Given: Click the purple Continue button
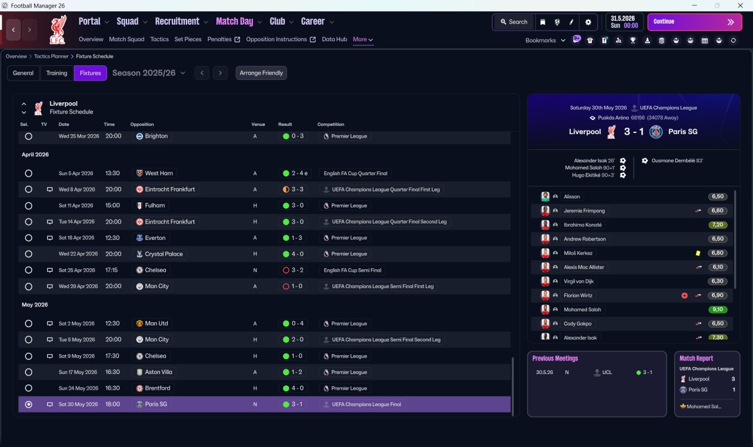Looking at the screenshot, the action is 695,22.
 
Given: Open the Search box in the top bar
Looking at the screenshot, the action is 514,22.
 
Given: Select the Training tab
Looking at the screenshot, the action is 56,73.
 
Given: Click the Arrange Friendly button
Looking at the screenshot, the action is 261,73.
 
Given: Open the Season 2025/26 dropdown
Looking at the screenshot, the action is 149,73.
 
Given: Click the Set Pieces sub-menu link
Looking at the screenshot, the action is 188,39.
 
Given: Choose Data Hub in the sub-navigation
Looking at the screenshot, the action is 335,39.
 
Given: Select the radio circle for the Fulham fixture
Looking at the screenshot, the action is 29,206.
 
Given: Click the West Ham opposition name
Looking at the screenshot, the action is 159,173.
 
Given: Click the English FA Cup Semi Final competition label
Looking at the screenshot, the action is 352,270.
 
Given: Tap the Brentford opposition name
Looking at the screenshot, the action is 157,388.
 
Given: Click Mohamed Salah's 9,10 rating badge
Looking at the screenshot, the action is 718,309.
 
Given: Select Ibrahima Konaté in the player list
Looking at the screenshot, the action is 582,225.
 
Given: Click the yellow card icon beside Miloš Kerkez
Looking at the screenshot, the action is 698,253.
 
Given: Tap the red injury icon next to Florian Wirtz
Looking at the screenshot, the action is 684,295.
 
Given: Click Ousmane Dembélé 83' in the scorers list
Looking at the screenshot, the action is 677,161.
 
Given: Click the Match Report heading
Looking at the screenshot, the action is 696,358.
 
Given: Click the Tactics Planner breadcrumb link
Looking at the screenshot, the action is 51,56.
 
